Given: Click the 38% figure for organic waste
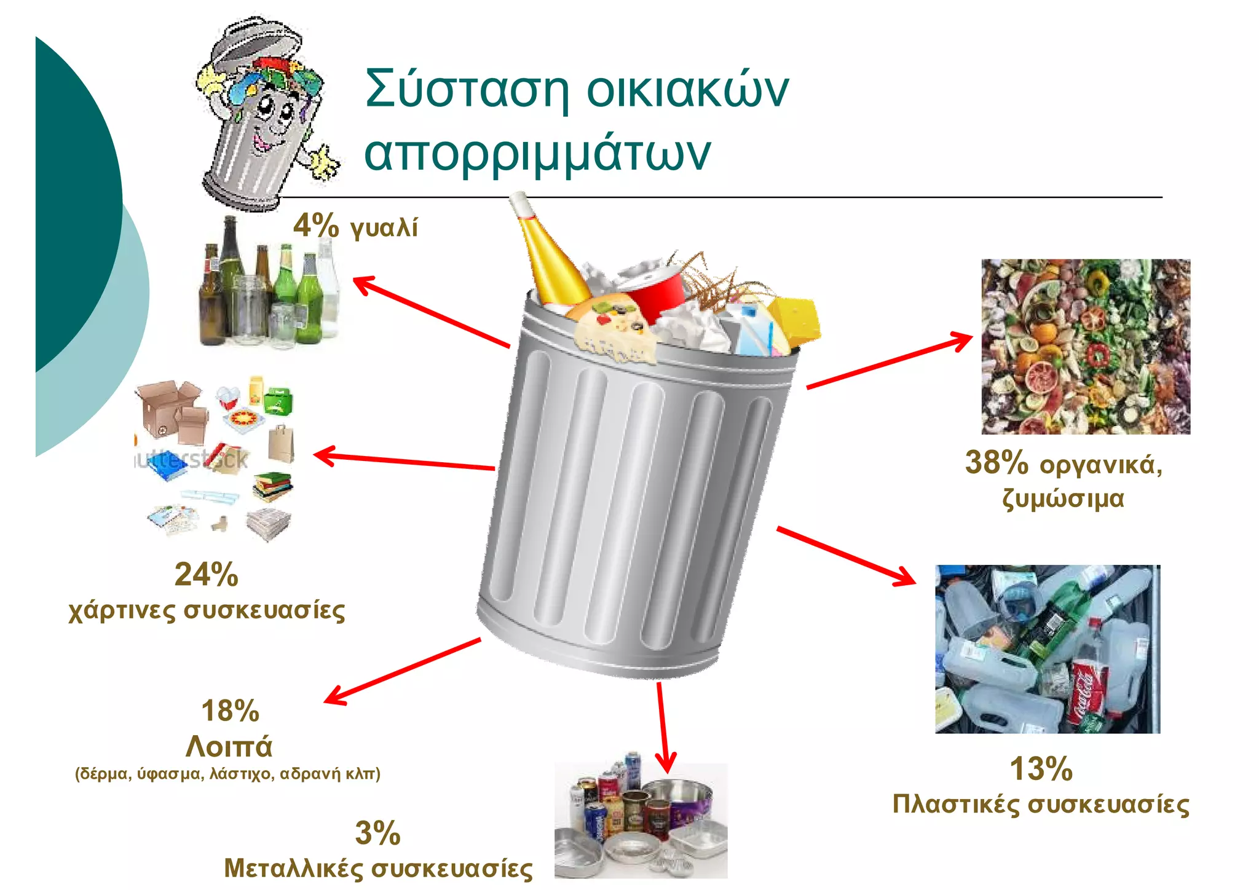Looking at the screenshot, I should point(997,462).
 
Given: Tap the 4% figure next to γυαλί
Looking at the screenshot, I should point(315,225).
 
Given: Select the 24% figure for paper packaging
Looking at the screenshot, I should point(207,575).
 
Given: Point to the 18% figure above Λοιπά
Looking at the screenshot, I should point(231,711).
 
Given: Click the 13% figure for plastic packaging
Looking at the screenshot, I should point(1041,769).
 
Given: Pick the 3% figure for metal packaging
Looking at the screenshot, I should point(377,833).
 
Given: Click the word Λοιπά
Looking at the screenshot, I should point(229,746).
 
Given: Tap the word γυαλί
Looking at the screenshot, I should point(384,227).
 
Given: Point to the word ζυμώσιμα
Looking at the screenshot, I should point(1063,498).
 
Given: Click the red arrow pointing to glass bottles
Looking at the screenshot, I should point(430,312).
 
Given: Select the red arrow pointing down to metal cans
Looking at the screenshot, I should point(663,728).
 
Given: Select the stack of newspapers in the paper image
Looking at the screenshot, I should point(269,524).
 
